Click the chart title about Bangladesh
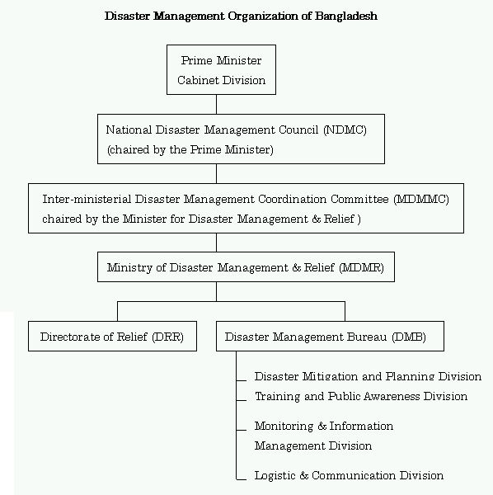[241, 16]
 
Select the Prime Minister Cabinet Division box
[221, 69]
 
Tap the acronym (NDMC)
[345, 130]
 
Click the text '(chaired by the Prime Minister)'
[190, 149]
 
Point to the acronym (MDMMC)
[421, 199]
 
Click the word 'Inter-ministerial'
[87, 199]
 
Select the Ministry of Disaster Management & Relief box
[246, 266]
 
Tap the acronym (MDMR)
[361, 267]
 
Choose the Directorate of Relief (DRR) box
[112, 337]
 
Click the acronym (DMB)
[409, 337]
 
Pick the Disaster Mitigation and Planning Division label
[368, 376]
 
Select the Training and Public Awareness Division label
[361, 396]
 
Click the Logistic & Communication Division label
[349, 475]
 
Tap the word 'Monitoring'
[284, 427]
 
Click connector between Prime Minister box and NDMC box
[216, 104]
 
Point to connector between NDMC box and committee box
[216, 173]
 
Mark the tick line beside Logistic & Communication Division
[242, 480]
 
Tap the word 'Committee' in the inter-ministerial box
[359, 199]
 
